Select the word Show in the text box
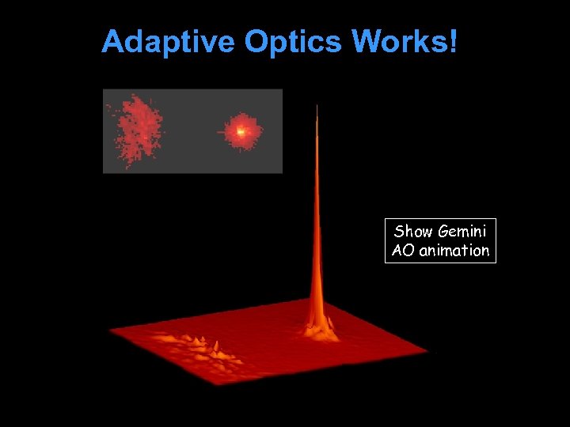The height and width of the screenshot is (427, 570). (x=413, y=232)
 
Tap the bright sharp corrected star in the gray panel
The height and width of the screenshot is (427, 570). (x=241, y=131)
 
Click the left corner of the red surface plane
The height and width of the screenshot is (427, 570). (x=110, y=331)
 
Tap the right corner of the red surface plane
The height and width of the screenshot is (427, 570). (x=427, y=350)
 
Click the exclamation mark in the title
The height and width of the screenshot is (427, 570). (x=452, y=41)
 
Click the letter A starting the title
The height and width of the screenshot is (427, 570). (x=113, y=42)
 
